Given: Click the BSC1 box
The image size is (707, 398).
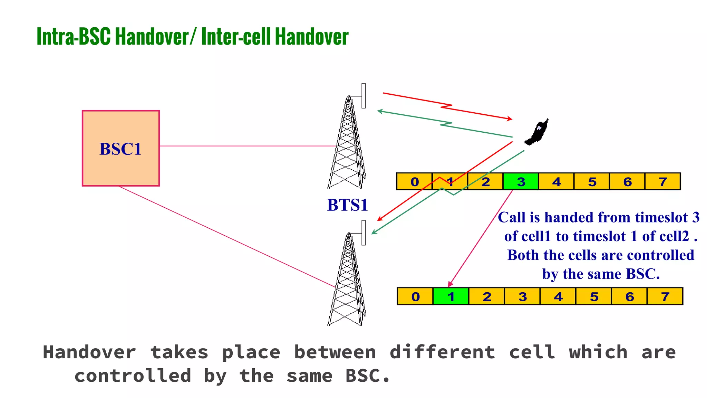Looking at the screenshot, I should [x=120, y=148].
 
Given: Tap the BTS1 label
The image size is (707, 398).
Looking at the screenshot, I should [x=347, y=205].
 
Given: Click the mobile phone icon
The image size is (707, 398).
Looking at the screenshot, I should [x=537, y=132].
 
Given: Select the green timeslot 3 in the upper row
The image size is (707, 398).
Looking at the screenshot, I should [x=521, y=182].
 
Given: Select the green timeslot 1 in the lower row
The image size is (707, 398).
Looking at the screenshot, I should [x=451, y=296].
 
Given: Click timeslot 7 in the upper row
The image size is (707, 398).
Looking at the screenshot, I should [x=662, y=182].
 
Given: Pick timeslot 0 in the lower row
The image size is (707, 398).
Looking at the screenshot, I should [x=415, y=296].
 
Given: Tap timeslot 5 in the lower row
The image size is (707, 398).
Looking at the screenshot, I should [x=593, y=296].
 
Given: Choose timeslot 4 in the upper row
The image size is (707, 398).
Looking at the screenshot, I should [x=556, y=182].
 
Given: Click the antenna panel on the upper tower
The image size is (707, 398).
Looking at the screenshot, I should [x=364, y=96].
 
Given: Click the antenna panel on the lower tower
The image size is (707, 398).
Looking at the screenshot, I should [x=364, y=233].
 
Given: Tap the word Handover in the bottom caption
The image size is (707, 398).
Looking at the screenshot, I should [x=89, y=352].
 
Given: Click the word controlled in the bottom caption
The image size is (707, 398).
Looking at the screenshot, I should [x=133, y=376].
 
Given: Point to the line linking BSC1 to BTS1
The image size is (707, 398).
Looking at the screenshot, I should [x=247, y=146].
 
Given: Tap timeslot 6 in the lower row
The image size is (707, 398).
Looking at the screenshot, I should [x=629, y=296].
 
